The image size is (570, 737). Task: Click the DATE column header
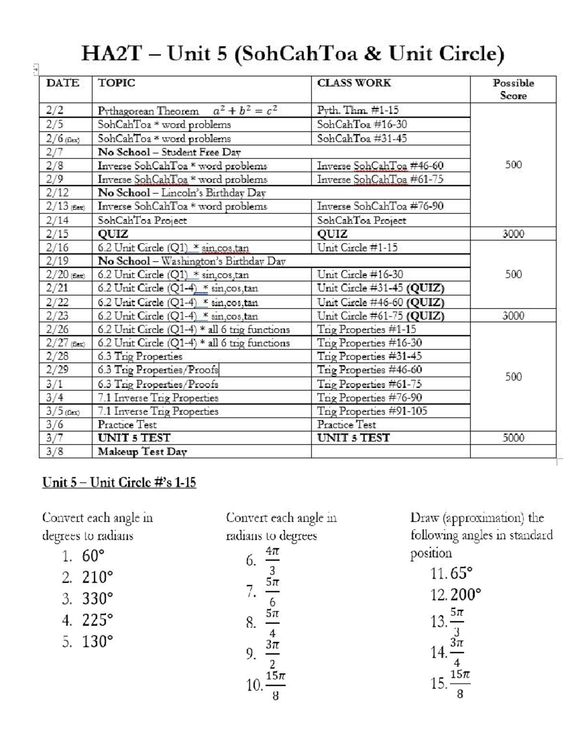[x=63, y=83]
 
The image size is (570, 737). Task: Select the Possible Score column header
[x=513, y=89]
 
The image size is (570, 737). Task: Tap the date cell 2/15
[x=57, y=234]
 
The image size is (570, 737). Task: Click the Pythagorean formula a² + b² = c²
[x=245, y=111]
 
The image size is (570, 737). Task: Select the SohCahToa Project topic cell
[x=142, y=220]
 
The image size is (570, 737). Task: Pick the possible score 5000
[x=513, y=438]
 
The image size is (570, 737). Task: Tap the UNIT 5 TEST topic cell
[x=134, y=438]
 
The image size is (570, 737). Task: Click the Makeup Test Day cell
[x=142, y=451]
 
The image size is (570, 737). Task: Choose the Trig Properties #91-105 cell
[x=372, y=411]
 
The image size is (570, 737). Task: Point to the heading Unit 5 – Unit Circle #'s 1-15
[x=119, y=483]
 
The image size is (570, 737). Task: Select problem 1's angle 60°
[x=93, y=555]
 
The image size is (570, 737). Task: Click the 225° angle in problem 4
[x=97, y=620]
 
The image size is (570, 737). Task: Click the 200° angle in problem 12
[x=465, y=595]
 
